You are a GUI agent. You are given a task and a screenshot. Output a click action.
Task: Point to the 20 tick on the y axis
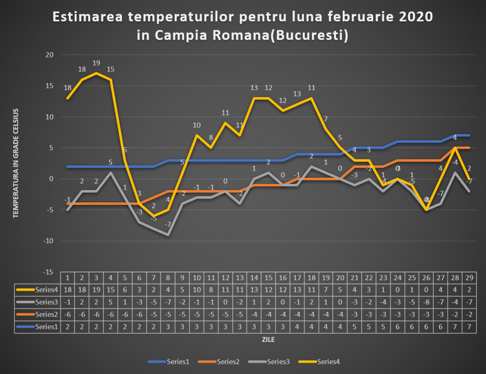pyautogui.click(x=49, y=55)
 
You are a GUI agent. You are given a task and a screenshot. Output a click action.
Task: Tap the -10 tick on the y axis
pyautogui.click(x=47, y=241)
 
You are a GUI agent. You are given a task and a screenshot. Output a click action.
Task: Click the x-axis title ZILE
pyautogui.click(x=268, y=340)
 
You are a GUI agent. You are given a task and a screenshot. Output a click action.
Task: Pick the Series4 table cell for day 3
pyautogui.click(x=96, y=289)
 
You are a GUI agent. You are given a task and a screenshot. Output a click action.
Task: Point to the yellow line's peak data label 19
pyautogui.click(x=96, y=63)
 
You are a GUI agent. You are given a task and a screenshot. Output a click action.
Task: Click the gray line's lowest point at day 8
pyautogui.click(x=168, y=235)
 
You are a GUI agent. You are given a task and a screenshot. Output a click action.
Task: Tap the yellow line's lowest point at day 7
pyautogui.click(x=154, y=216)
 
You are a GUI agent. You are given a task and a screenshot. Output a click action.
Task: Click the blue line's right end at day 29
pyautogui.click(x=469, y=136)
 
